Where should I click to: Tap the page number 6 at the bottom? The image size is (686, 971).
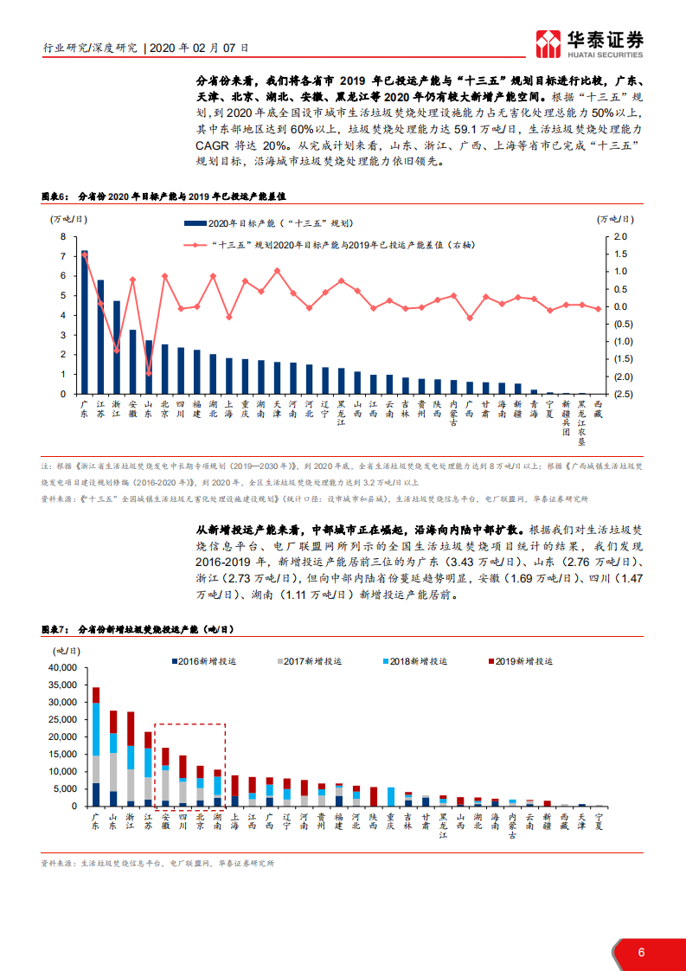coord(641,952)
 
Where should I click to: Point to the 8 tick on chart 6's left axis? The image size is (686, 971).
coord(62,236)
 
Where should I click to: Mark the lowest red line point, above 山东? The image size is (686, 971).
coord(148,374)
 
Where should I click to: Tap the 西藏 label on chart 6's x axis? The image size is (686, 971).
coord(599,409)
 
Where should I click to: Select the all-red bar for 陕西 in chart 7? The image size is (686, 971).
coord(374,796)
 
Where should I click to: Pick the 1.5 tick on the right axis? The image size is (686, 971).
coord(620,254)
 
